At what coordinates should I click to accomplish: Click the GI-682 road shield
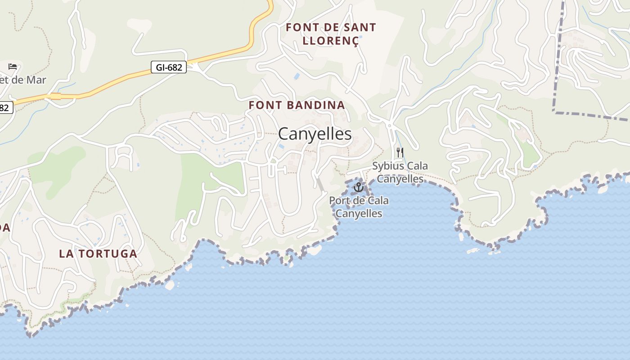[169, 67]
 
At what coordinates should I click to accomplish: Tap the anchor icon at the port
[359, 187]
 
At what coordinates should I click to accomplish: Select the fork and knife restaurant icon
[400, 153]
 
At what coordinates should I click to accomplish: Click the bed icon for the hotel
[13, 67]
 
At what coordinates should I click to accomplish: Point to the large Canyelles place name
[315, 134]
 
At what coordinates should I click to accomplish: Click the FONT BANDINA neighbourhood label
[297, 105]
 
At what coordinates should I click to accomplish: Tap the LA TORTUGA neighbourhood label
[98, 253]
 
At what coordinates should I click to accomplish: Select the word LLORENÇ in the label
[331, 40]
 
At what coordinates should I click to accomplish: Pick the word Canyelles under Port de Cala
[359, 213]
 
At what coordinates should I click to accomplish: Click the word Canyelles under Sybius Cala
[400, 179]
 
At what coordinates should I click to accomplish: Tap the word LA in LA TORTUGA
[65, 253]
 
